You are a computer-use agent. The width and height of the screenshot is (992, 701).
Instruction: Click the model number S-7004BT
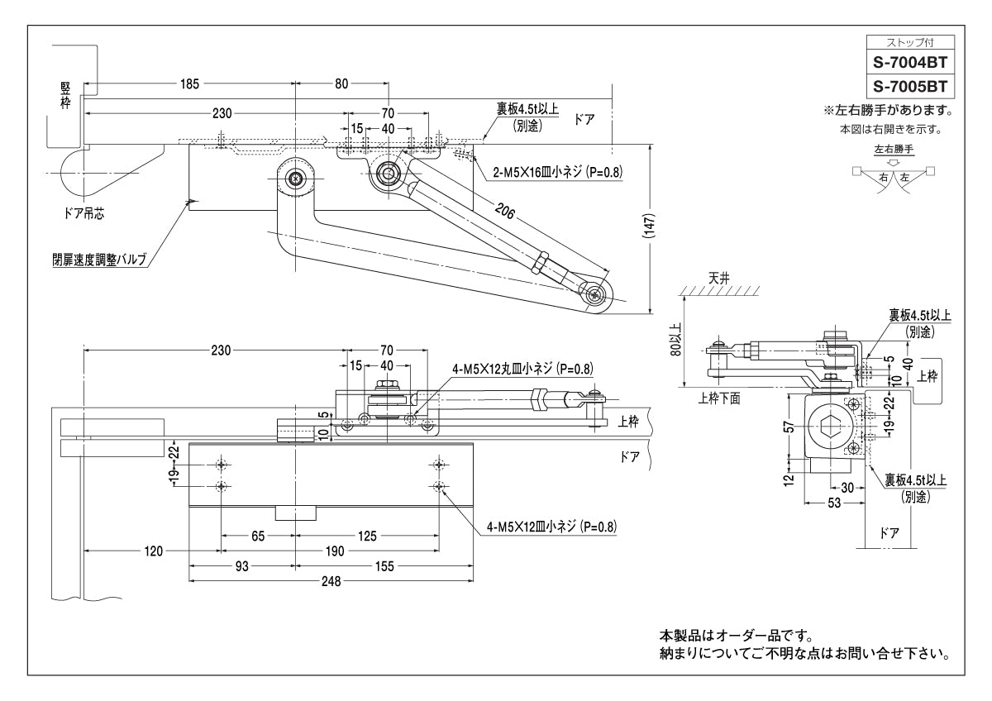909,61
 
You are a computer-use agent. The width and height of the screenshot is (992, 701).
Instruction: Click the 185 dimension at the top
189,83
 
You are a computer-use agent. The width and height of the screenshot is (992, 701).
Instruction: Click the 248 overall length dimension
331,581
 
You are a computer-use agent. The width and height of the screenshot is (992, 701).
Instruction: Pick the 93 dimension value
241,566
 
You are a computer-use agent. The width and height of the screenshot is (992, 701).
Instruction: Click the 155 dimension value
384,566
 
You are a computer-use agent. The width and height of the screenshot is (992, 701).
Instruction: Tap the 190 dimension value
335,550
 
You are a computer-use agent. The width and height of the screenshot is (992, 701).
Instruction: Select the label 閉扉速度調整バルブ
98,260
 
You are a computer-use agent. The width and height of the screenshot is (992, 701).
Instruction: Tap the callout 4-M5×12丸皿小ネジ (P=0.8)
522,369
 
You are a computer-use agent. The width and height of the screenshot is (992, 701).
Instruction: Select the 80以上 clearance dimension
677,339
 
